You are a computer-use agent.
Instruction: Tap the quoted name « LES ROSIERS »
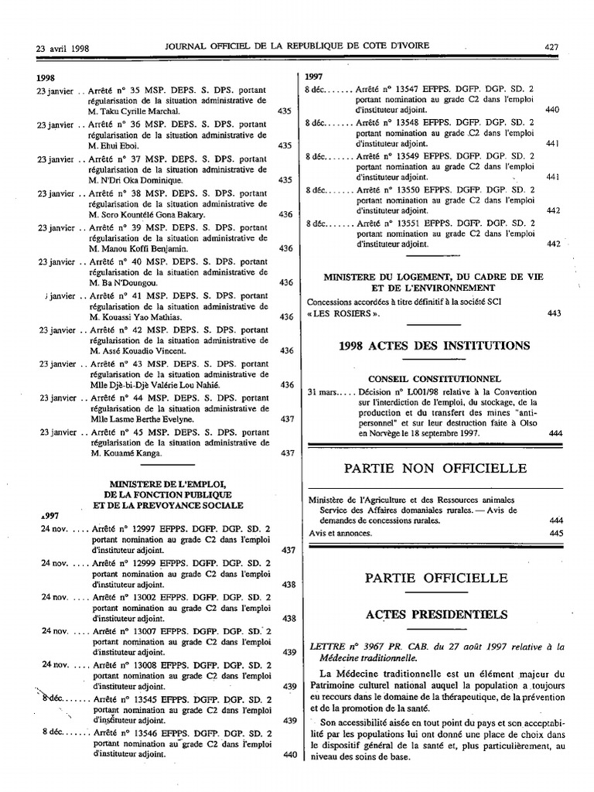click(343, 313)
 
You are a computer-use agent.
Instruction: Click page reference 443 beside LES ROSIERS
click(553, 313)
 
